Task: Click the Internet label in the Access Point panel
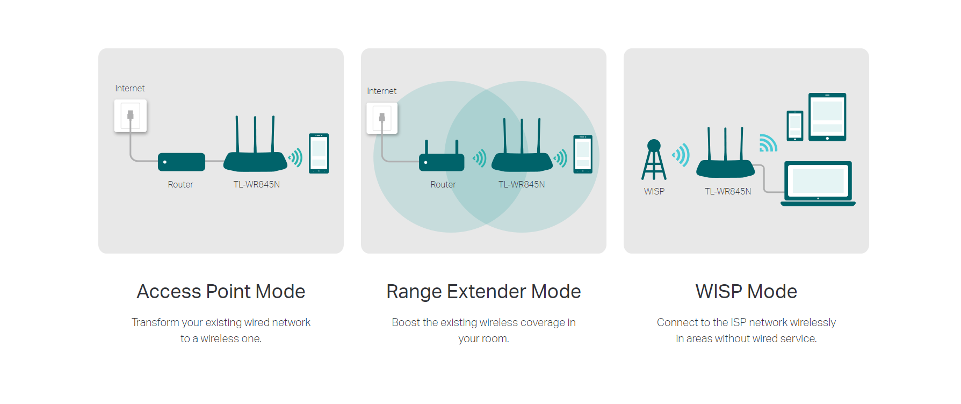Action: pyautogui.click(x=130, y=88)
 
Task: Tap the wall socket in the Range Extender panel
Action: pyautogui.click(x=382, y=118)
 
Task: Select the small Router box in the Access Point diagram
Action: pyautogui.click(x=182, y=162)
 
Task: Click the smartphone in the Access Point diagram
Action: pyautogui.click(x=319, y=153)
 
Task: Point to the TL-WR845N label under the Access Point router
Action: pyautogui.click(x=257, y=184)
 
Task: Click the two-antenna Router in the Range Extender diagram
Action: pyautogui.click(x=442, y=158)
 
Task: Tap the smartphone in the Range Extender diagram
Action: pyautogui.click(x=583, y=154)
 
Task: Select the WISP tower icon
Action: pyautogui.click(x=654, y=160)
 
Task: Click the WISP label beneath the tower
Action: pyautogui.click(x=654, y=191)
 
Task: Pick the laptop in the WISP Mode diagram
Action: pyautogui.click(x=818, y=184)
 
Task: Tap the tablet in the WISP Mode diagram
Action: pyautogui.click(x=827, y=117)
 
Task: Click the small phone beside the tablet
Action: pyautogui.click(x=795, y=126)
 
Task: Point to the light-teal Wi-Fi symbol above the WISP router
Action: pyautogui.click(x=768, y=143)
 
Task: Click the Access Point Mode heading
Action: pyautogui.click(x=221, y=292)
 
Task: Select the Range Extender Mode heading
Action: pyautogui.click(x=483, y=292)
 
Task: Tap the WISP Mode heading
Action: pyautogui.click(x=746, y=292)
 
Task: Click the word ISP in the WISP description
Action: pyautogui.click(x=738, y=322)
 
